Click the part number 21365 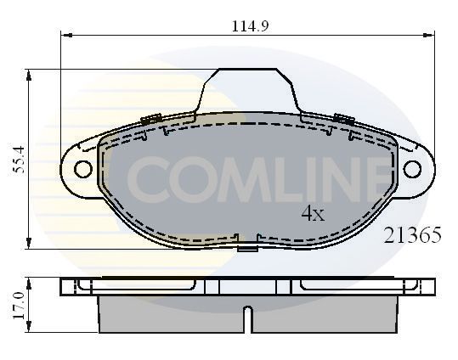pos(414,236)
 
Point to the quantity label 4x pos(313,214)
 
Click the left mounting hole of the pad pos(82,169)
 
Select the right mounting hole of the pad pos(412,169)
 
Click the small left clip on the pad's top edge pos(153,118)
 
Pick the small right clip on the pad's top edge pos(344,118)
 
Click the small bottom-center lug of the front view pos(247,248)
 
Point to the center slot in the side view pos(247,319)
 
